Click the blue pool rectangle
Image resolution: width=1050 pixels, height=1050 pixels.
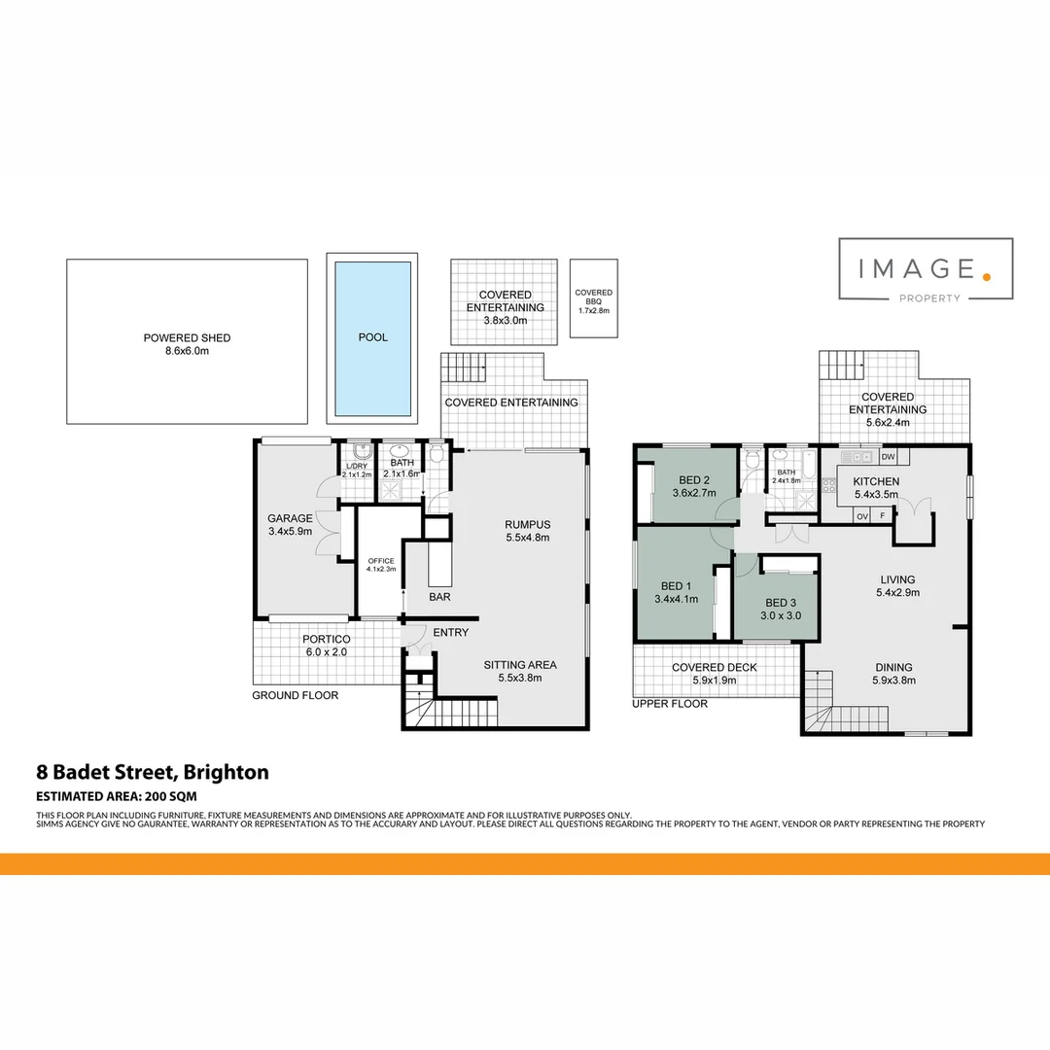pyautogui.click(x=372, y=337)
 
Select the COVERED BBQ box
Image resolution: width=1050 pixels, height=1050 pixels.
pyautogui.click(x=593, y=299)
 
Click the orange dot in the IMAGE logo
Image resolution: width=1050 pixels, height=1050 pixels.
pyautogui.click(x=986, y=276)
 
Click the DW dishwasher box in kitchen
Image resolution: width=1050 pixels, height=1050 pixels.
pyautogui.click(x=888, y=457)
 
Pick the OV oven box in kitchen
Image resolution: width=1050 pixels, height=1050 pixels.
pyautogui.click(x=861, y=516)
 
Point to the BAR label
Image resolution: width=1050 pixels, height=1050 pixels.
pyautogui.click(x=439, y=597)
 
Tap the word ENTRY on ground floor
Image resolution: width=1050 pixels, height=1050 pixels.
pyautogui.click(x=451, y=633)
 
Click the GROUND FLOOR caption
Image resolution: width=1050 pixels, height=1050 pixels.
pyautogui.click(x=296, y=695)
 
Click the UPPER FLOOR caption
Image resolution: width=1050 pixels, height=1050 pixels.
pyautogui.click(x=670, y=703)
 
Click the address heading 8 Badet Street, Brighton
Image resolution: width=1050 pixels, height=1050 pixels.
pyautogui.click(x=153, y=773)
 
